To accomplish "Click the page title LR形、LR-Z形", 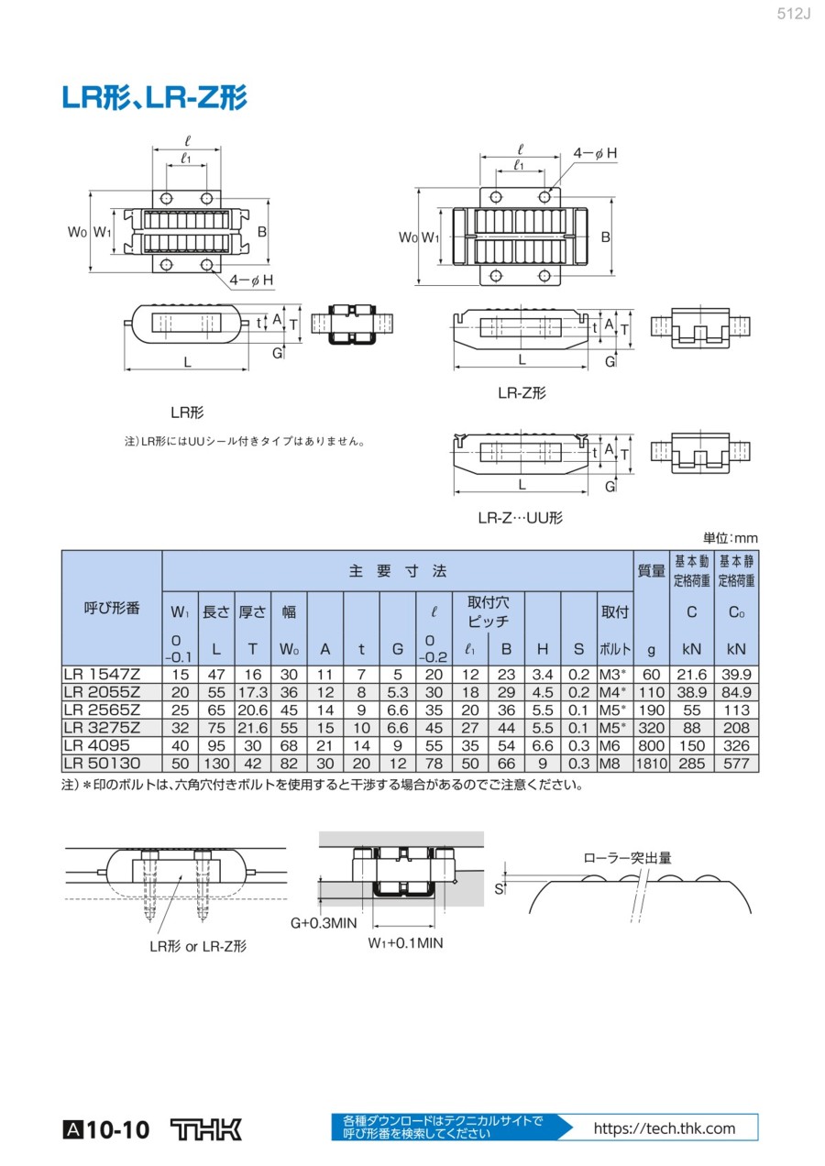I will [154, 98].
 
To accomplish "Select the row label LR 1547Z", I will [101, 675].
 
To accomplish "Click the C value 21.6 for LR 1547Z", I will [692, 675].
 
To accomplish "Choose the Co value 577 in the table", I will [736, 764].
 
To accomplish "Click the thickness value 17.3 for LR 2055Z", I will [252, 692].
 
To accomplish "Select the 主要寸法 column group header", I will [398, 570].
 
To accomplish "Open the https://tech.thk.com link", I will [665, 1128].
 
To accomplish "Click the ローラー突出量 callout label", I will [628, 858].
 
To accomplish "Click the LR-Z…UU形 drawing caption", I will [521, 518].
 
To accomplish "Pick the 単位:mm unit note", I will [731, 538].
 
